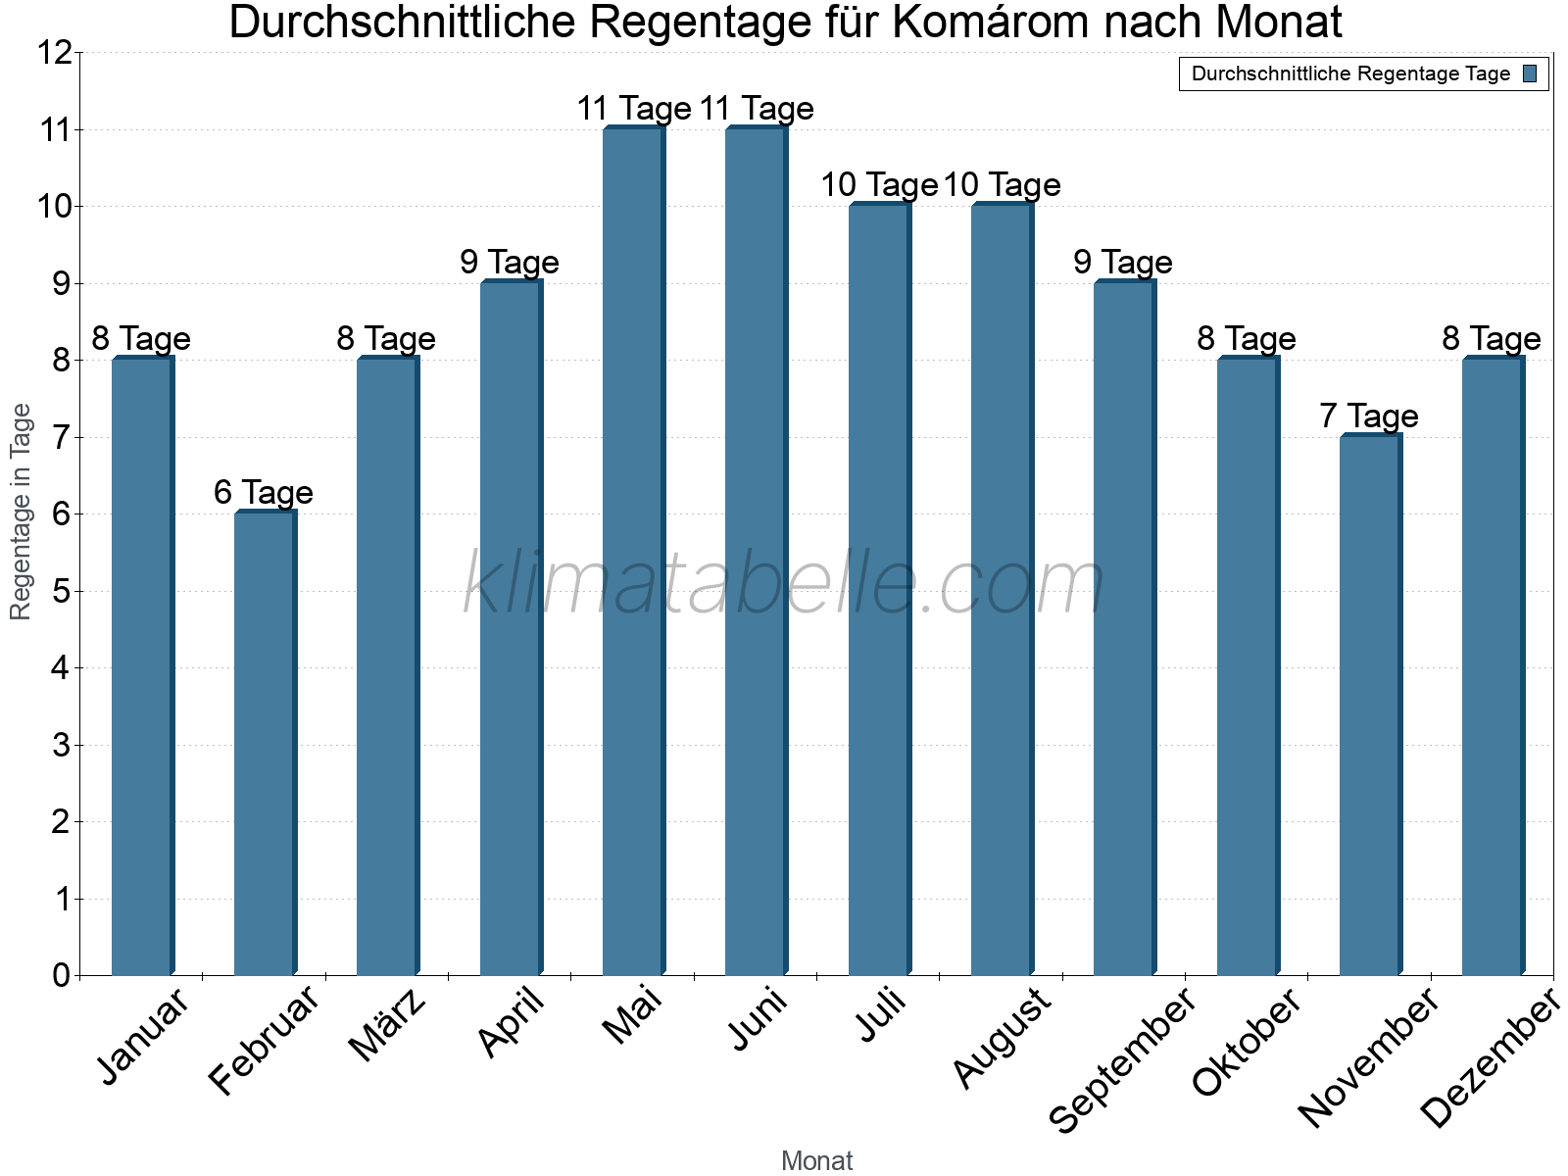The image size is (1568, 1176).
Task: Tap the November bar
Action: pyautogui.click(x=1370, y=705)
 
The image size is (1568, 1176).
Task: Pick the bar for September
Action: pyautogui.click(x=1124, y=627)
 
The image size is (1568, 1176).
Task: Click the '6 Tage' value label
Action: pyautogui.click(x=264, y=492)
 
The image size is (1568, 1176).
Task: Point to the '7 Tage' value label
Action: pyautogui.click(x=1369, y=416)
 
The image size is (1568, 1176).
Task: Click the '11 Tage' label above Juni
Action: pyautogui.click(x=757, y=108)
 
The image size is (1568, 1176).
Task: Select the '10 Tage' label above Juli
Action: pyautogui.click(x=879, y=184)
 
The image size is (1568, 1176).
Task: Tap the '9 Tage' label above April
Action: pyautogui.click(x=510, y=262)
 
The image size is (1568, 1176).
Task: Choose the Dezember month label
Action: pyautogui.click(x=1490, y=1058)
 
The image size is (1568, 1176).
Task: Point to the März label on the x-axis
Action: pyautogui.click(x=388, y=1025)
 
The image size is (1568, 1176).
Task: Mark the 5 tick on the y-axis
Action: pyautogui.click(x=61, y=591)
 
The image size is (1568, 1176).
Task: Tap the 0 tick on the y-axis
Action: pyautogui.click(x=61, y=975)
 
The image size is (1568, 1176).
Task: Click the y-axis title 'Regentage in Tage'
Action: pyautogui.click(x=21, y=512)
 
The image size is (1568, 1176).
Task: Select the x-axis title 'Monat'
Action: pyautogui.click(x=816, y=1160)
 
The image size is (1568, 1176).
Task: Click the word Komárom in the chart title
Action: pyautogui.click(x=995, y=24)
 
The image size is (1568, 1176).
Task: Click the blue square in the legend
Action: pyautogui.click(x=1530, y=73)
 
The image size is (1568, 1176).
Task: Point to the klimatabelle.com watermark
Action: pyautogui.click(x=784, y=584)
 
